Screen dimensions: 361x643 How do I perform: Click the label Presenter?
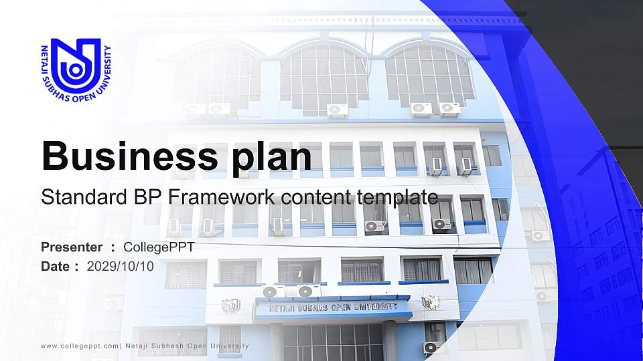click(72, 247)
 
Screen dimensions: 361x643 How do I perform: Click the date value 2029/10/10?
click(120, 266)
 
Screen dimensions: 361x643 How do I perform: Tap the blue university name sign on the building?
click(333, 308)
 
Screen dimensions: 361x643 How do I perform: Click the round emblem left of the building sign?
click(231, 306)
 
